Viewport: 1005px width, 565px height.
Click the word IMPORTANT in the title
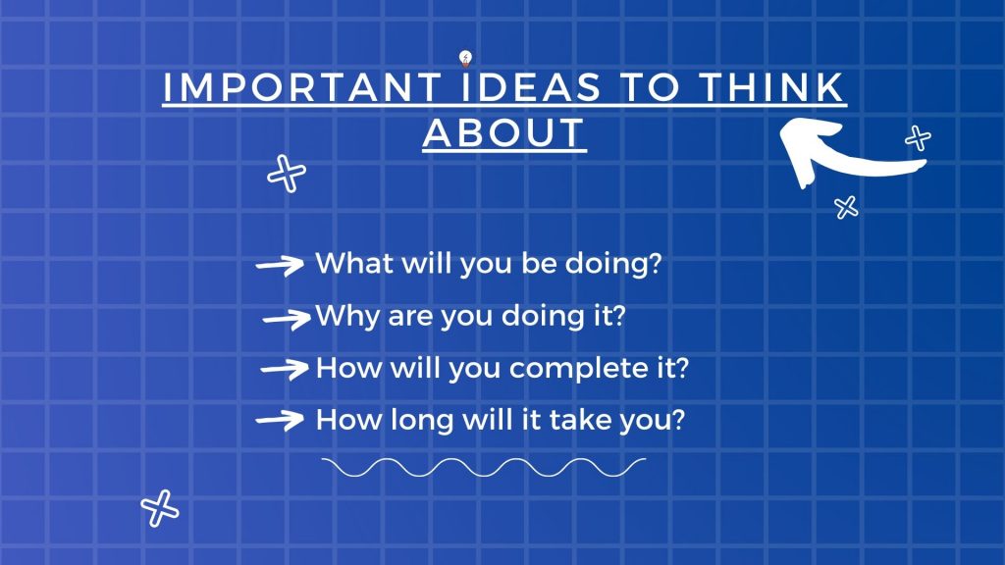coord(302,87)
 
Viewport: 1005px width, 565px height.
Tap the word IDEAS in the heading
coord(532,87)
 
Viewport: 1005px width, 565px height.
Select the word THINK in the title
coord(771,87)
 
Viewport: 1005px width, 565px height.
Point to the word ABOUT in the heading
coord(504,133)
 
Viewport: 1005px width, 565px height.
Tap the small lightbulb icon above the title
coord(466,59)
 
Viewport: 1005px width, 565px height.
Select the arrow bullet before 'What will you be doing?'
coord(280,265)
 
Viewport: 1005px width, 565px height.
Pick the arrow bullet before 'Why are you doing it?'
coord(288,319)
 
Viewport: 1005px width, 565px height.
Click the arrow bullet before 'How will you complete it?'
coord(285,369)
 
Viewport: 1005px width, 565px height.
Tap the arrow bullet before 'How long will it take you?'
coord(280,420)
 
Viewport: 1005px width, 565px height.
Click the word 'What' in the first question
coord(354,263)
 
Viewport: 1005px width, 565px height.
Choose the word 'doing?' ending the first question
coord(612,264)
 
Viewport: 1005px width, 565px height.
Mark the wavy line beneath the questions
coord(484,468)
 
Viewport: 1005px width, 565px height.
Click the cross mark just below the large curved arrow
coord(846,208)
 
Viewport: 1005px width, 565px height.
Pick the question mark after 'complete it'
coord(681,368)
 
